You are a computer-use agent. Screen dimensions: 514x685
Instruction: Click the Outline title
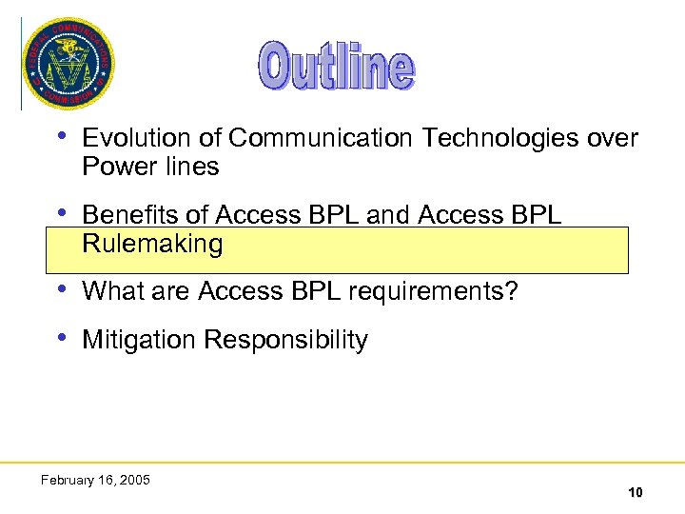pyautogui.click(x=337, y=67)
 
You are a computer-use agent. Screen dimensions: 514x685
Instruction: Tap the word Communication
pyautogui.click(x=321, y=139)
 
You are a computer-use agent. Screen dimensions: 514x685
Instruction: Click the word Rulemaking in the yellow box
pyautogui.click(x=152, y=245)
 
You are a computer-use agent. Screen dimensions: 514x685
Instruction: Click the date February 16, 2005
pyautogui.click(x=95, y=480)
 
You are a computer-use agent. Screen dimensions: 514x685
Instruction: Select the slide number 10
pyautogui.click(x=635, y=492)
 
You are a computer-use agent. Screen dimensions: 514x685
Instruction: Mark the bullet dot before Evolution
pyautogui.click(x=63, y=136)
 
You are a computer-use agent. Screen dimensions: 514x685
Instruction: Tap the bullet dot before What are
pyautogui.click(x=63, y=289)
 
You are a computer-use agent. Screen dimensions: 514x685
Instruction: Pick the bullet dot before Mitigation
pyautogui.click(x=63, y=338)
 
